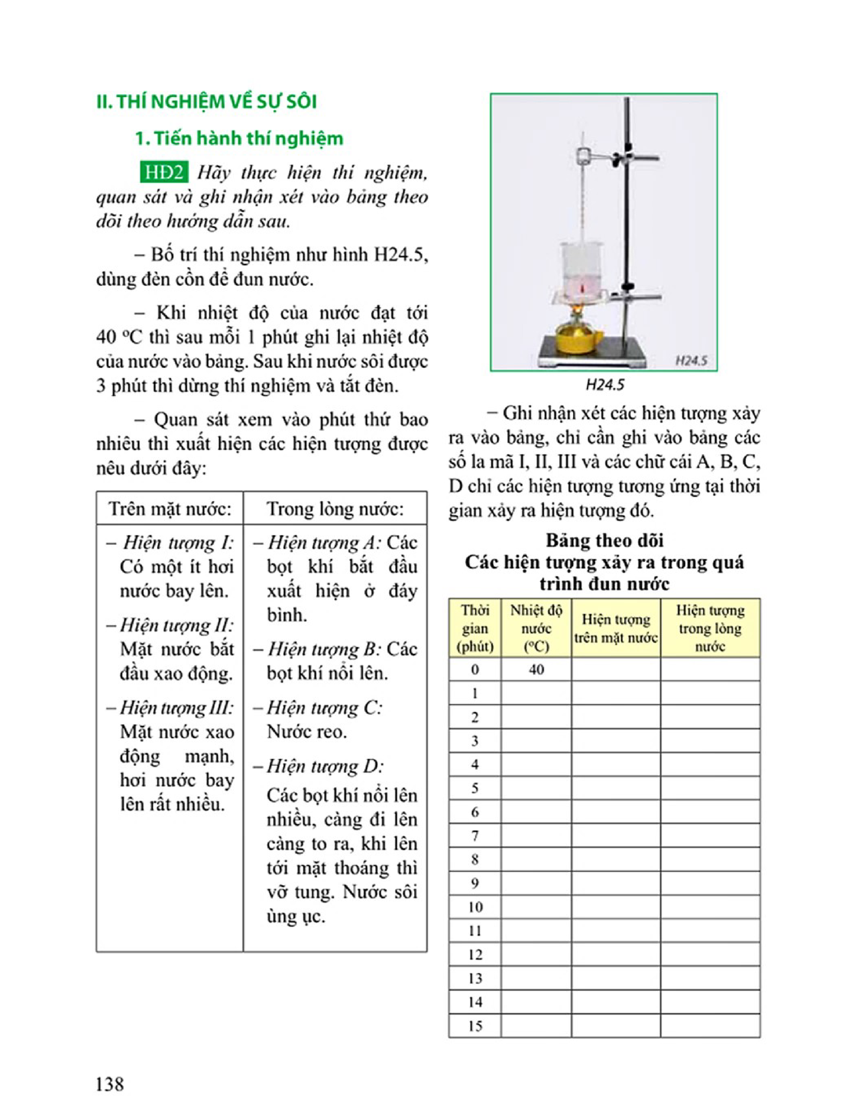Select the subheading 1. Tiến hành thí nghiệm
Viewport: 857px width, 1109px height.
pyautogui.click(x=239, y=138)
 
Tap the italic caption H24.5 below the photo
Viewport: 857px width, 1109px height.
pyautogui.click(x=605, y=385)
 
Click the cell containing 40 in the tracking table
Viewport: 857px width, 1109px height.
pyautogui.click(x=536, y=669)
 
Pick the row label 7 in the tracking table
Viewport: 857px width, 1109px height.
pyautogui.click(x=475, y=835)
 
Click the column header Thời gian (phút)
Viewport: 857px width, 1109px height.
pyautogui.click(x=475, y=628)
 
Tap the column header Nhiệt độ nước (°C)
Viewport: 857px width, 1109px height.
pyautogui.click(x=536, y=628)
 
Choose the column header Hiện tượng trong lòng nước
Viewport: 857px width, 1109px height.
pyautogui.click(x=710, y=628)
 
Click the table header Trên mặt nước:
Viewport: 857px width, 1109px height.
pyautogui.click(x=170, y=508)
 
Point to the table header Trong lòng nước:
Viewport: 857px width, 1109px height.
pyautogui.click(x=335, y=508)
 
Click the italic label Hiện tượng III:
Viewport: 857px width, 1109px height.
pyautogui.click(x=170, y=707)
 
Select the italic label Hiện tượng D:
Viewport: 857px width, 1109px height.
pyautogui.click(x=325, y=766)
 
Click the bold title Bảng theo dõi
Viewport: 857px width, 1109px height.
pyautogui.click(x=604, y=540)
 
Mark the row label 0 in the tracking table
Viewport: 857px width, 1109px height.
pyautogui.click(x=475, y=669)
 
